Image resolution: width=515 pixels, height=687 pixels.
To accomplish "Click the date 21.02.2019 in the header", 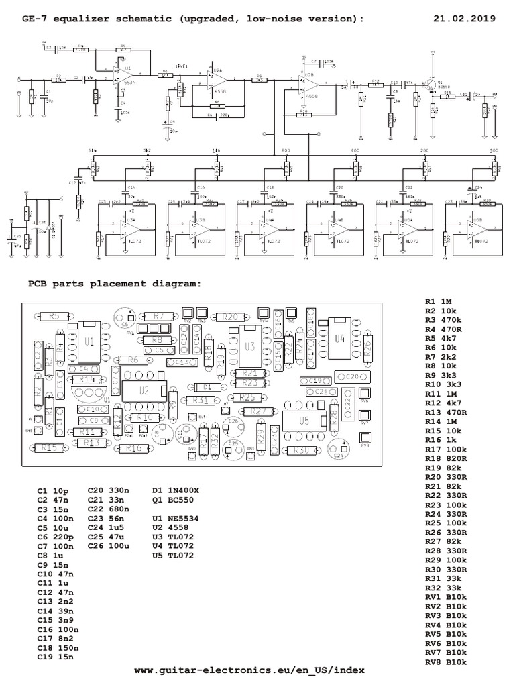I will coord(463,19).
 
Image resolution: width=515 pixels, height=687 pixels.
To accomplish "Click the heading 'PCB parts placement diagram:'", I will coord(114,283).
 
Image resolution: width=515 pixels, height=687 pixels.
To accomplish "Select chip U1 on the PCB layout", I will coord(89,341).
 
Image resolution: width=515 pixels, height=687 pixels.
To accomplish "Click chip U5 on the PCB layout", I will coord(304,421).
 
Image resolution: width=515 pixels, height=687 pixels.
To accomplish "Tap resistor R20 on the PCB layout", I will coord(229,317).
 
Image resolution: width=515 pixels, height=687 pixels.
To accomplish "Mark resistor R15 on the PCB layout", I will coord(48,447).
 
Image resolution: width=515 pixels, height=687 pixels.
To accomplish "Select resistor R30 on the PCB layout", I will coord(301,450).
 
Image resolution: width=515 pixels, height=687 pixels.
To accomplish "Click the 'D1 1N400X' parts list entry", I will coord(176,491).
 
